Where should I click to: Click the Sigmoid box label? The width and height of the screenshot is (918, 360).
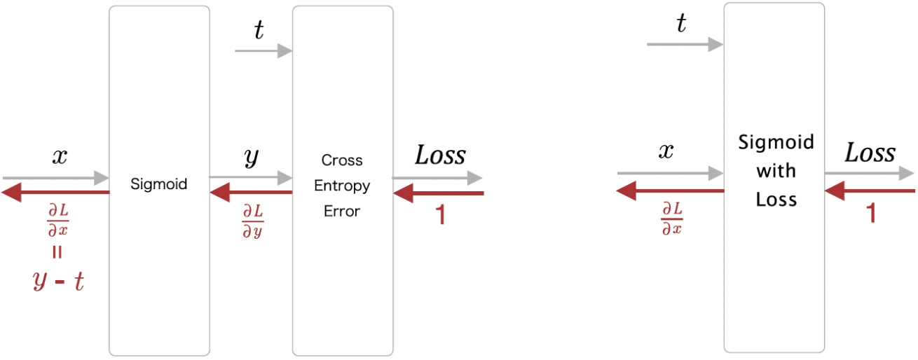(159, 184)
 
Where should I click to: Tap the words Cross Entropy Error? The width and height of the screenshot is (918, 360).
(342, 186)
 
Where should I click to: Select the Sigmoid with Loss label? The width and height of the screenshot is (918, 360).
(776, 171)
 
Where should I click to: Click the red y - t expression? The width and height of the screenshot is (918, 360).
(58, 280)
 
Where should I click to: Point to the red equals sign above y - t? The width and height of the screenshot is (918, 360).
(57, 253)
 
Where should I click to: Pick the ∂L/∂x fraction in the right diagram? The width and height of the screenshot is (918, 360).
(671, 218)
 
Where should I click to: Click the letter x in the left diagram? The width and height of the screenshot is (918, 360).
(60, 156)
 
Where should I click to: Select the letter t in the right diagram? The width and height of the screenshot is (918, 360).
(680, 25)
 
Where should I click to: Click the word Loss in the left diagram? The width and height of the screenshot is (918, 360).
(439, 155)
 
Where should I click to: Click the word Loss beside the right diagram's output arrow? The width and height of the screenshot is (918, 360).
(870, 153)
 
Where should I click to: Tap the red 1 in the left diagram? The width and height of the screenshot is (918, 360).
(440, 214)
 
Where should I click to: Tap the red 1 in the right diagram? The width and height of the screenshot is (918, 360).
(871, 212)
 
